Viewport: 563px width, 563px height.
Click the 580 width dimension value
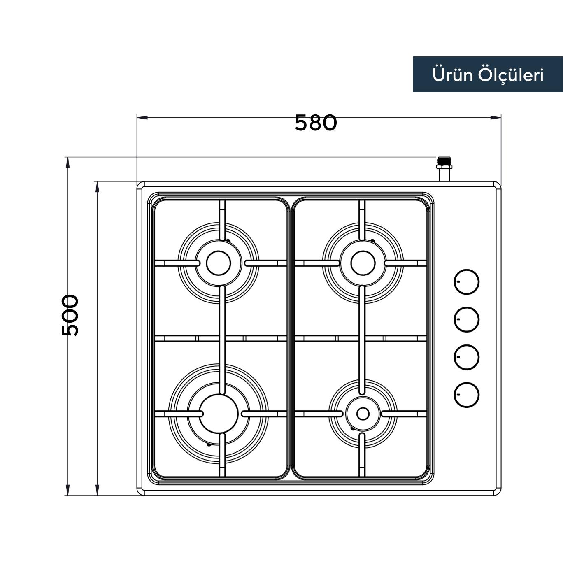click(316, 123)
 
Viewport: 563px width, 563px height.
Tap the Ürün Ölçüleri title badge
click(488, 74)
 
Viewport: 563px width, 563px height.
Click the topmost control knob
click(466, 282)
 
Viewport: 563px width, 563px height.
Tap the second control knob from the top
click(466, 319)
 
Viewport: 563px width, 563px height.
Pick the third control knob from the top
click(466, 357)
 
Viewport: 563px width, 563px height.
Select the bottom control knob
click(466, 395)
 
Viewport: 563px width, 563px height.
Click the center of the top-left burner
click(218, 263)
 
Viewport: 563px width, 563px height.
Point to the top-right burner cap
click(363, 263)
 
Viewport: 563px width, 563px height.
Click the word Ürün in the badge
click(449, 75)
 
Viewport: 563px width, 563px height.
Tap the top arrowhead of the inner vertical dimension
click(97, 187)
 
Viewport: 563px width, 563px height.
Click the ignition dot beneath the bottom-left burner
click(209, 444)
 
